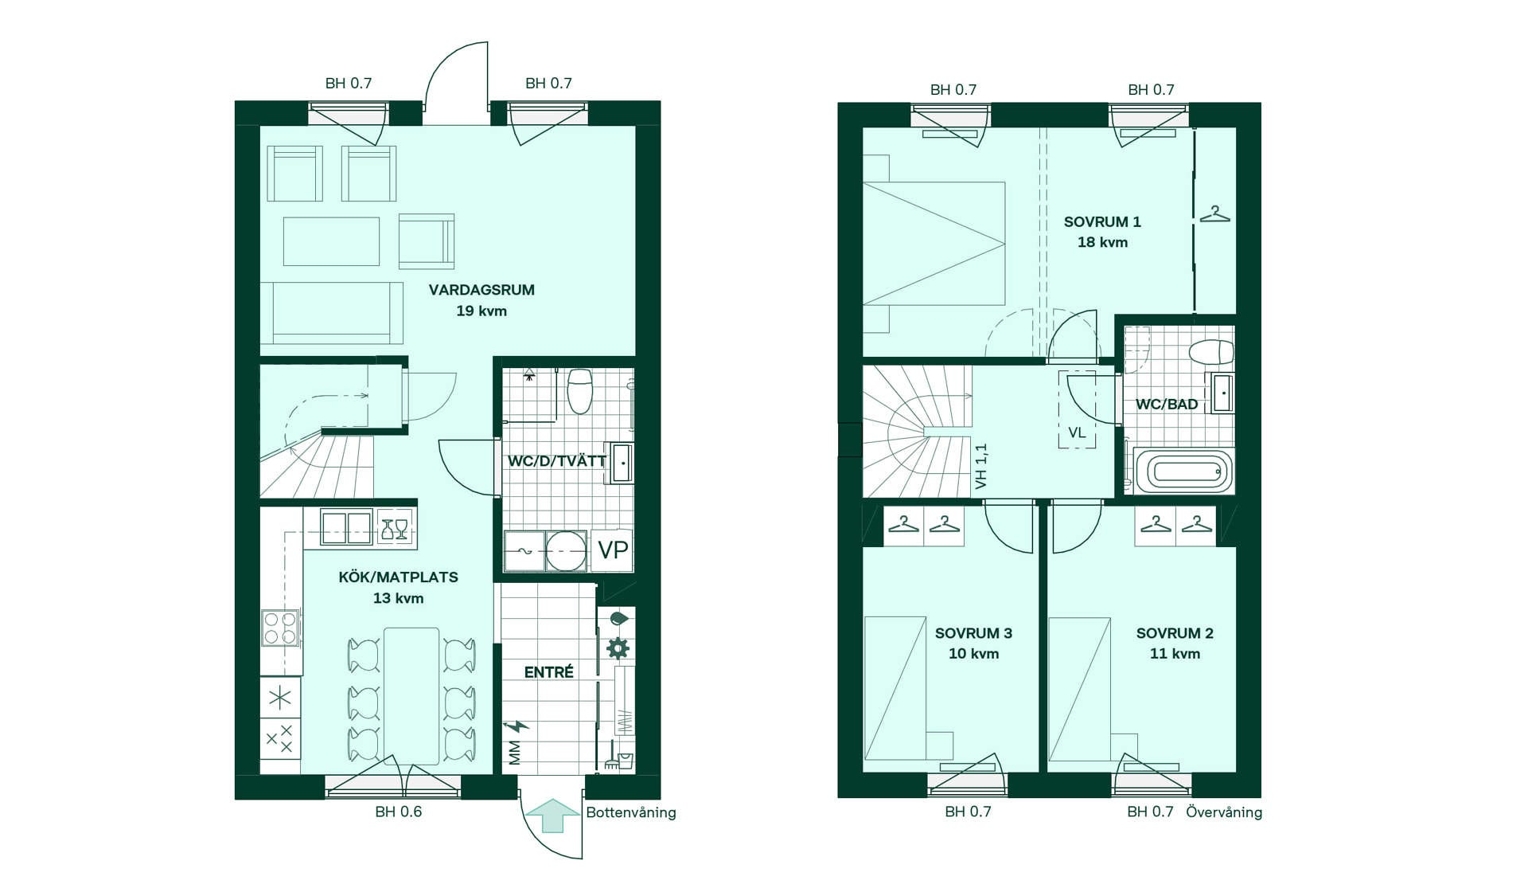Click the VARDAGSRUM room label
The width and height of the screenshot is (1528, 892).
tap(481, 290)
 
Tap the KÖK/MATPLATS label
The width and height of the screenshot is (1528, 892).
tap(398, 577)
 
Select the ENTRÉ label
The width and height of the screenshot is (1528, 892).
tap(548, 672)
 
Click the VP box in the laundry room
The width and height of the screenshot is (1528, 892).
tap(612, 550)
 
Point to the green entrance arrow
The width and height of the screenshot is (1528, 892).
tap(554, 816)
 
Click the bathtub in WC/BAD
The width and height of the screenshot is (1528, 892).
tap(1183, 471)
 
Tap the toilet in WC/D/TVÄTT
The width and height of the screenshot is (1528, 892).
tap(579, 390)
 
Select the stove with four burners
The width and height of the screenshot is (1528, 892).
tap(280, 627)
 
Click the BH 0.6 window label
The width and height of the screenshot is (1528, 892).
tap(399, 812)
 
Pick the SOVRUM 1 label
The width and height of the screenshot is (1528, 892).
tap(1102, 222)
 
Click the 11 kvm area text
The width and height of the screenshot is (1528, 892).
tap(1175, 654)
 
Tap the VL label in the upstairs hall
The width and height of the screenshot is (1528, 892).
tap(1077, 433)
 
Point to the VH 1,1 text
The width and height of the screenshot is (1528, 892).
tap(980, 466)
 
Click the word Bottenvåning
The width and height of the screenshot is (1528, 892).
tap(631, 813)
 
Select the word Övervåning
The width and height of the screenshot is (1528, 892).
tap(1224, 812)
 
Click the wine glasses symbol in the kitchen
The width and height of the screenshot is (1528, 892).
tap(395, 528)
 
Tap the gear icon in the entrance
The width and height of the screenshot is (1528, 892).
tap(618, 648)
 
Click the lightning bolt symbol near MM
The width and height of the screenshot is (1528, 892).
tap(516, 726)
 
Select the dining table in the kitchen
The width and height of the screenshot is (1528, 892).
tap(411, 696)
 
